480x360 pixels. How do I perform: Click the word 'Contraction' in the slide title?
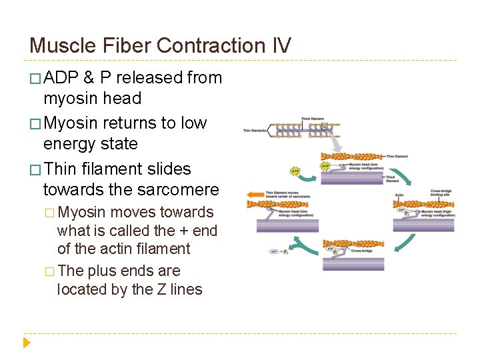point(211,45)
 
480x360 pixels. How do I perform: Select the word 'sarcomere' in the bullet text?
point(178,189)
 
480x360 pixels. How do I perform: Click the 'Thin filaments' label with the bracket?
point(255,131)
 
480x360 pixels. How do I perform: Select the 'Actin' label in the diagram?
point(399,196)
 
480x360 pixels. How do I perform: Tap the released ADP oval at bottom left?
point(274,252)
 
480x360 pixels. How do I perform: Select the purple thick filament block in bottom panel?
point(353,263)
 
